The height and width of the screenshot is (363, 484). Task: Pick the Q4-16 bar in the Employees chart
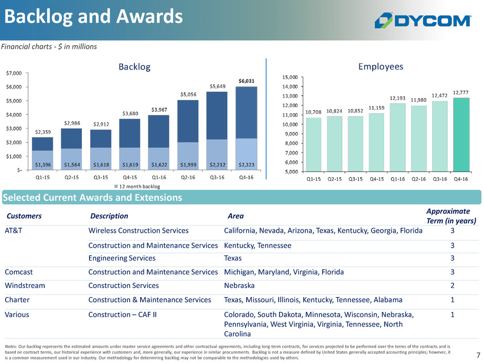(x=461, y=134)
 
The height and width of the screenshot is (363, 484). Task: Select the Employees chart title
(x=380, y=66)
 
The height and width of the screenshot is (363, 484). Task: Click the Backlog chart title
(x=134, y=67)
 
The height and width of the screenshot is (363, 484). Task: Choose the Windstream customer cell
(x=25, y=286)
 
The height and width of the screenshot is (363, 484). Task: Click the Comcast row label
(x=22, y=272)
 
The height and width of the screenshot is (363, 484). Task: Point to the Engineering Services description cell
(x=122, y=258)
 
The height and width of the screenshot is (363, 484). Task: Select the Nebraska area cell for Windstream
(x=239, y=286)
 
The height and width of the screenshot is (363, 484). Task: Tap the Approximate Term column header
(x=448, y=216)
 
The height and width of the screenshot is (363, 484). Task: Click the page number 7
(x=478, y=355)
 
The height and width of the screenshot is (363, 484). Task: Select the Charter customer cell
(x=18, y=300)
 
